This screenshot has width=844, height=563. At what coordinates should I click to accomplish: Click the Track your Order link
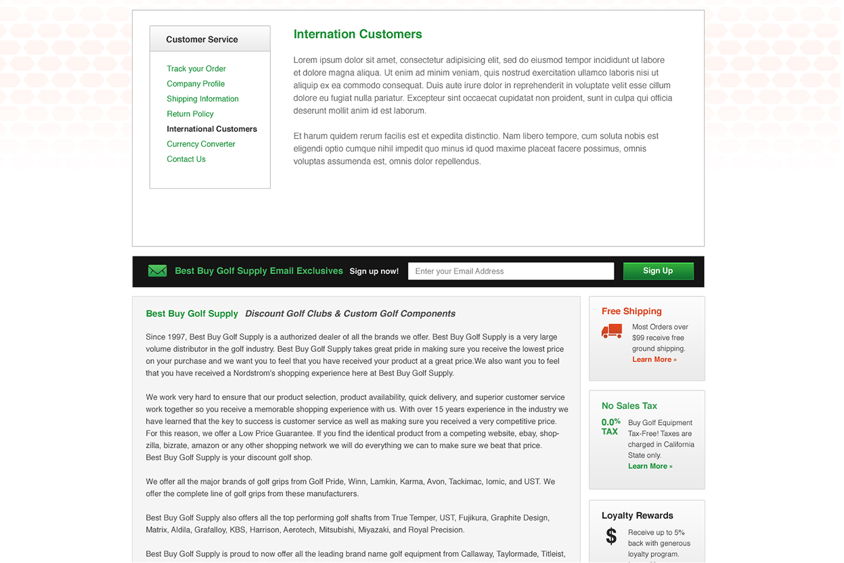click(x=196, y=68)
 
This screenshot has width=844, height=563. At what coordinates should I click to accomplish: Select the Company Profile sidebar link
click(x=196, y=84)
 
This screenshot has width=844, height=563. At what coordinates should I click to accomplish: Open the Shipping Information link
click(x=202, y=99)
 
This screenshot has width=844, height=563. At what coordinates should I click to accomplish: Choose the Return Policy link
click(x=190, y=114)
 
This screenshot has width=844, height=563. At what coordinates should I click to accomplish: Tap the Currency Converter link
click(x=201, y=144)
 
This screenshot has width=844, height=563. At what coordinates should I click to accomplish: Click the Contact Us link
click(x=186, y=159)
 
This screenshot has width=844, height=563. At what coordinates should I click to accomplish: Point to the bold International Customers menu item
click(x=212, y=129)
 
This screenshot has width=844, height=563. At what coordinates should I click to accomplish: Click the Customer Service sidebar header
click(x=202, y=39)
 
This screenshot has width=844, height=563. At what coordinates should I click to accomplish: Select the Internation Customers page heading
click(x=357, y=34)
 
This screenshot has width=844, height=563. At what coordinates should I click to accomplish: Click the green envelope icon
click(x=157, y=271)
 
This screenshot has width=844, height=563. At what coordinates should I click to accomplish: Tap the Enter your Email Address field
click(x=511, y=271)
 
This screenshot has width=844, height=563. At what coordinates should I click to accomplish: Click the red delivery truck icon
click(x=612, y=331)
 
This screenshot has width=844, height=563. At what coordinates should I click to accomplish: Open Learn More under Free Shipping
click(x=654, y=359)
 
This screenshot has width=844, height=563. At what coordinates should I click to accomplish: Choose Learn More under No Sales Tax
click(x=650, y=466)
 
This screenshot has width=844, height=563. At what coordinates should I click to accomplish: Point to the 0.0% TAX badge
click(x=610, y=426)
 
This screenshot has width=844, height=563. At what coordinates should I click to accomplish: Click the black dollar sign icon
click(x=611, y=537)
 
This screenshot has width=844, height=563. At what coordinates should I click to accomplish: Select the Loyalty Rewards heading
click(x=637, y=516)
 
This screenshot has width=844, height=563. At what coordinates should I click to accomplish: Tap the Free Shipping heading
click(x=631, y=311)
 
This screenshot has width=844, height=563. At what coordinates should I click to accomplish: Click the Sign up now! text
click(x=374, y=271)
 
